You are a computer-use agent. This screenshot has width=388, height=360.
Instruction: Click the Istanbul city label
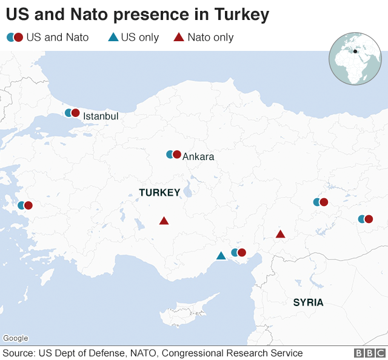click(x=101, y=116)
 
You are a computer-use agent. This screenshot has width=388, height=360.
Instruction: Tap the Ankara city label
click(x=198, y=157)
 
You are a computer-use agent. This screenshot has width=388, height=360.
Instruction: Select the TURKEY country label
click(x=159, y=193)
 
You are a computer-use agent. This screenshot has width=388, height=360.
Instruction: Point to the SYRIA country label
click(x=308, y=302)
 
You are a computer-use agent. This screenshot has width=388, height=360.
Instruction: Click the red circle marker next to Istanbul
click(x=76, y=113)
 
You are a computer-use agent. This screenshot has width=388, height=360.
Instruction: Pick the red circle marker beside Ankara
click(x=177, y=155)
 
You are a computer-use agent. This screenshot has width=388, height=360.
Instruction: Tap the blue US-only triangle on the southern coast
click(x=221, y=256)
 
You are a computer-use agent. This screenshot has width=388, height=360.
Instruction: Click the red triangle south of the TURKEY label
click(x=164, y=221)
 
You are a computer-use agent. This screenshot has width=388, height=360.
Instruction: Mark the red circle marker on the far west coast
click(x=28, y=205)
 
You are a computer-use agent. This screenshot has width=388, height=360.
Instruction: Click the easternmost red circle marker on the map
click(x=368, y=219)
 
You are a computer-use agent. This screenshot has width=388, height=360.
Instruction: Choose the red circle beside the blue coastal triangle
click(x=242, y=252)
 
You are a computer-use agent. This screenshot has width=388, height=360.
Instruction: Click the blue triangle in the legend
click(x=113, y=38)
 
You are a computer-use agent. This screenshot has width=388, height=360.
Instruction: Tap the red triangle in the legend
click(x=179, y=38)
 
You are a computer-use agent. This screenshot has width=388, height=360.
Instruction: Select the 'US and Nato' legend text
click(x=58, y=38)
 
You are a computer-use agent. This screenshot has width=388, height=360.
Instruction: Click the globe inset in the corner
click(x=355, y=59)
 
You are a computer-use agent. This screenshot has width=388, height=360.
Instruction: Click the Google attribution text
click(x=16, y=338)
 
